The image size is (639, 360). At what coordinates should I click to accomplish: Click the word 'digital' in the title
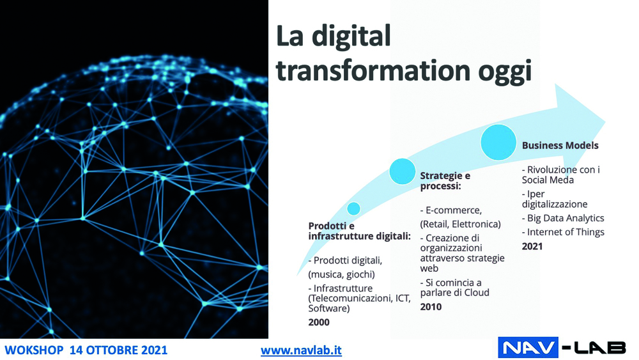click(351, 36)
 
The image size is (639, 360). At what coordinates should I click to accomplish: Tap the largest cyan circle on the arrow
click(498, 143)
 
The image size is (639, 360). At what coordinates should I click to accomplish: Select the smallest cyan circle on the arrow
click(354, 208)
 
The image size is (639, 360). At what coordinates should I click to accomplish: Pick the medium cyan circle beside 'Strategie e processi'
click(402, 171)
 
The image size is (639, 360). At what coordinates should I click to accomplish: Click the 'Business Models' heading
click(560, 146)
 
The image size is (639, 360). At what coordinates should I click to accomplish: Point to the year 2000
click(319, 322)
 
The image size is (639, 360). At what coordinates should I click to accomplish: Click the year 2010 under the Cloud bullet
click(431, 307)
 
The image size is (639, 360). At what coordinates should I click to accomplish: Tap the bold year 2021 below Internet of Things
click(532, 246)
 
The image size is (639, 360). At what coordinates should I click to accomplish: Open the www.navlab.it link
click(301, 350)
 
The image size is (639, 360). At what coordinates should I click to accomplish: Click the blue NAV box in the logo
click(528, 348)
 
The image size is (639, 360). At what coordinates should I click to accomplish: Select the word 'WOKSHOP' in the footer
click(34, 350)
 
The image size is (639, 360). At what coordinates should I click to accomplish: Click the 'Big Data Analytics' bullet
click(563, 219)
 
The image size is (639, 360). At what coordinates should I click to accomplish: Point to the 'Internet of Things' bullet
click(563, 232)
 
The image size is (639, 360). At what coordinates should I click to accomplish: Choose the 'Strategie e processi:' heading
click(445, 180)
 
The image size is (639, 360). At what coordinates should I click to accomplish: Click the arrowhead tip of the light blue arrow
click(605, 121)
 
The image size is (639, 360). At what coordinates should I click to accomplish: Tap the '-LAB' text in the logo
click(594, 348)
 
